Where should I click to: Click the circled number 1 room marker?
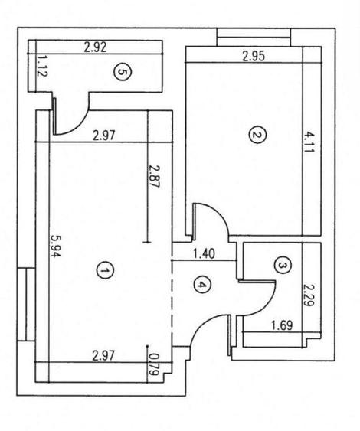click(106, 269)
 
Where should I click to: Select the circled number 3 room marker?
click(283, 265)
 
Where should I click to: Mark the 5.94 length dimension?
click(54, 248)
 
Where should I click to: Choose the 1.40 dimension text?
click(203, 252)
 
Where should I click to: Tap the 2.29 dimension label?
click(309, 295)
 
